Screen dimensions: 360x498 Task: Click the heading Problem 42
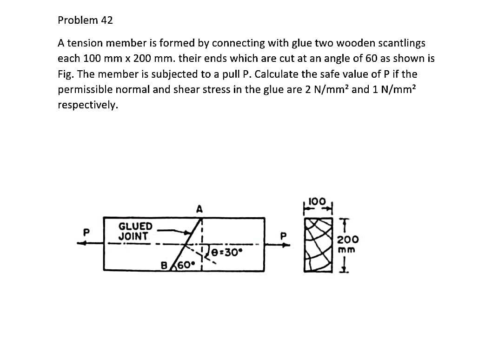pyautogui.click(x=85, y=20)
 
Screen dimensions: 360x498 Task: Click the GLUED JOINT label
pyautogui.click(x=135, y=231)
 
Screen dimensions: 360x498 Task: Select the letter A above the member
pyautogui.click(x=199, y=210)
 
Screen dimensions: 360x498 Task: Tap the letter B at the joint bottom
pyautogui.click(x=164, y=266)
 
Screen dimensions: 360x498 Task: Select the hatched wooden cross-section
pyautogui.click(x=316, y=244)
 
